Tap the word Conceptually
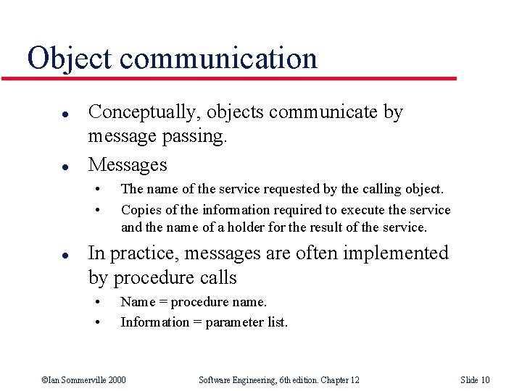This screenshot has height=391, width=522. click(144, 113)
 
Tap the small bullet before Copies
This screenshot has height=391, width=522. click(96, 210)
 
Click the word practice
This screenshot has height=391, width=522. click(142, 254)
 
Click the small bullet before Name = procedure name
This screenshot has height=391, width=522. click(96, 302)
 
